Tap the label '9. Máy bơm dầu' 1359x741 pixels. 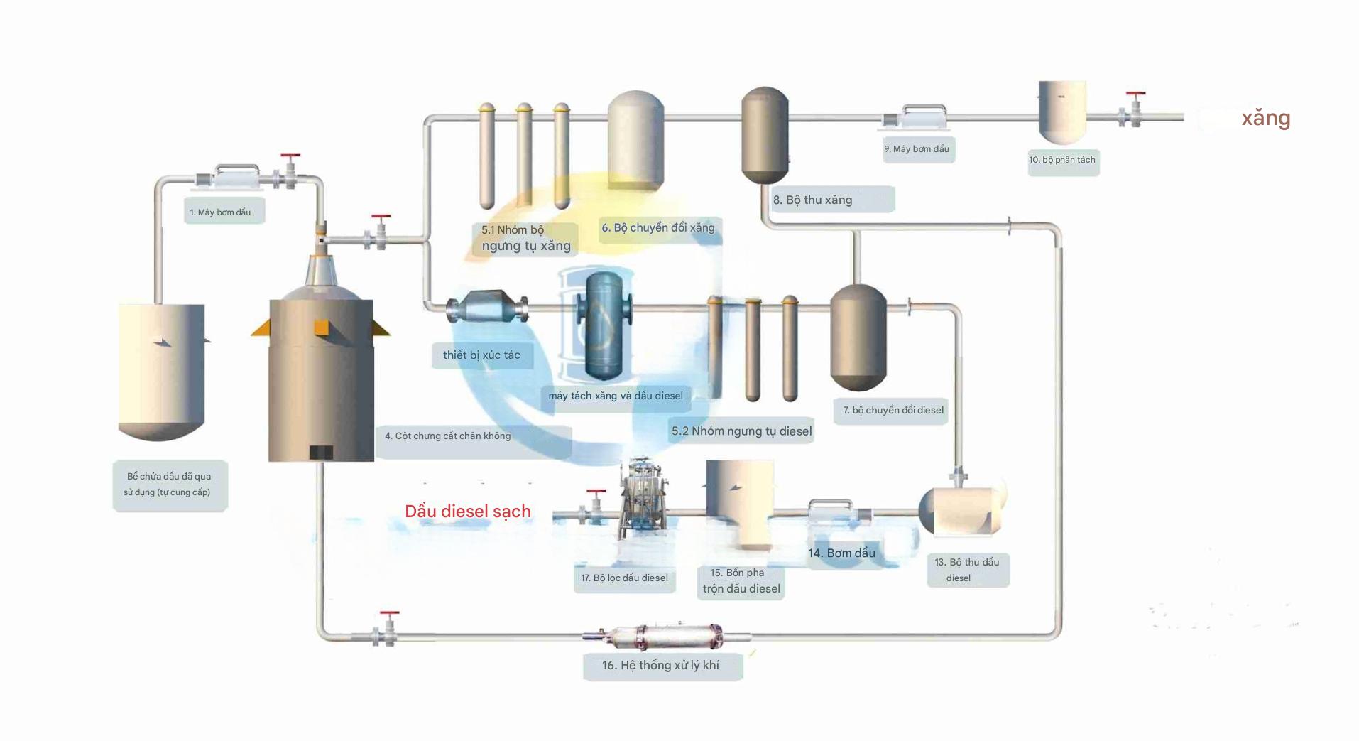click(x=918, y=149)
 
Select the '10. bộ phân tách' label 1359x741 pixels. click(x=1062, y=161)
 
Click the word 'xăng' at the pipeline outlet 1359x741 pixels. click(x=1265, y=118)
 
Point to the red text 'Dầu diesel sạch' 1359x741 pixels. click(x=468, y=512)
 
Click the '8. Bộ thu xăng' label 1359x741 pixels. click(x=814, y=200)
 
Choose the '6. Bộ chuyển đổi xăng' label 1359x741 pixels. click(x=658, y=228)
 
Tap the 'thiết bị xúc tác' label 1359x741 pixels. click(x=482, y=355)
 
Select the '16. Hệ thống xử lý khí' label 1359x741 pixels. click(x=661, y=666)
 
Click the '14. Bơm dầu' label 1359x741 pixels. click(x=842, y=553)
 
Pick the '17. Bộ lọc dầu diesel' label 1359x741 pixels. click(x=624, y=578)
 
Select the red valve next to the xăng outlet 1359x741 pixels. click(x=1135, y=107)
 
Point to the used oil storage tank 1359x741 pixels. click(x=162, y=369)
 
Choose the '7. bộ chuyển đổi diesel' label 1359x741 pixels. click(x=893, y=411)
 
